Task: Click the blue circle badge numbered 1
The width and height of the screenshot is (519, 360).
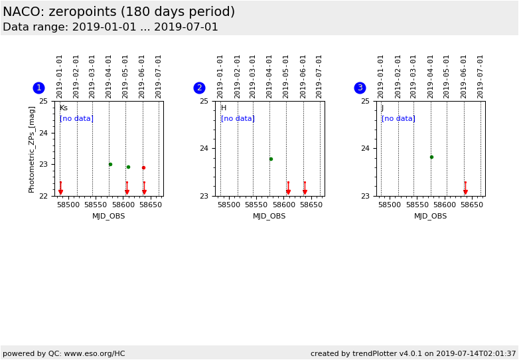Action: pos(38,88)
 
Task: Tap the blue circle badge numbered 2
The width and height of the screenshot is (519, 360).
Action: pos(199,88)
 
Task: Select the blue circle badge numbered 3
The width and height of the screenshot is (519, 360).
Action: pos(360,88)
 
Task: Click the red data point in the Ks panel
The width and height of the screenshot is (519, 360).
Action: pos(143,167)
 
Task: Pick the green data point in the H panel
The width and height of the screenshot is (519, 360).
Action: pos(271,159)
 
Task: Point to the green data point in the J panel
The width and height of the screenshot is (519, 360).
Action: pos(431,157)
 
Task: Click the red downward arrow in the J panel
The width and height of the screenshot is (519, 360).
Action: pos(465,191)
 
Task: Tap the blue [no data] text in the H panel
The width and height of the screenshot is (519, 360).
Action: pos(237,119)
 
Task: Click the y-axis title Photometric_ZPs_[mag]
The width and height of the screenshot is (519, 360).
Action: pos(32,149)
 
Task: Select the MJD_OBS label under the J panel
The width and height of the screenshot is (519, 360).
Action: pos(431,216)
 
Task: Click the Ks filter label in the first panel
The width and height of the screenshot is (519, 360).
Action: pos(63,108)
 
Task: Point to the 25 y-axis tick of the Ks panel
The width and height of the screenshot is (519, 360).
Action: pos(44,101)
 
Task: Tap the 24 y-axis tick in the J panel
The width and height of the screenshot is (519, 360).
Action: pos(366,148)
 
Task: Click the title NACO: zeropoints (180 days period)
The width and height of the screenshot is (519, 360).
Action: pos(119,12)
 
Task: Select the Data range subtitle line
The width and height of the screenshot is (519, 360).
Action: pos(110,27)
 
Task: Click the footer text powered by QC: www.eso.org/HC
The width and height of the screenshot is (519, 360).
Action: pos(64,353)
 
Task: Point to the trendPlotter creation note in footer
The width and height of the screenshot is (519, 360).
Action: pos(413,353)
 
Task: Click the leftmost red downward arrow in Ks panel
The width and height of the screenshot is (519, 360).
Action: pos(60,191)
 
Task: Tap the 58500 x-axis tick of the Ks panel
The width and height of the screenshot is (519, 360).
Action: pos(68,205)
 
